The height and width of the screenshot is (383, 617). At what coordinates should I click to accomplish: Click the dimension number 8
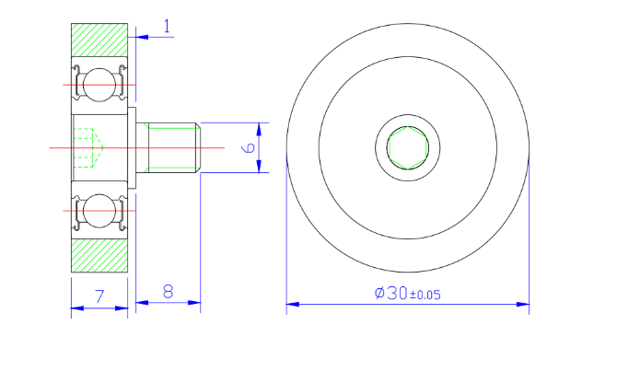(169, 291)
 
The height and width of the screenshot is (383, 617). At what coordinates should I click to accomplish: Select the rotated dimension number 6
(247, 147)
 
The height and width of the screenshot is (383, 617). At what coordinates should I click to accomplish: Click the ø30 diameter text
(390, 293)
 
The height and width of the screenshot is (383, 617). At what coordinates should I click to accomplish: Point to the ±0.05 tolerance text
(425, 295)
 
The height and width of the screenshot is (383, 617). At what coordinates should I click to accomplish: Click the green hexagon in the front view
(407, 148)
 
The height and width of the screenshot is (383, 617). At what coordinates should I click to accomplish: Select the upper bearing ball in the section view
(97, 86)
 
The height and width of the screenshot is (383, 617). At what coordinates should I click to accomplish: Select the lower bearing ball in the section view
(97, 209)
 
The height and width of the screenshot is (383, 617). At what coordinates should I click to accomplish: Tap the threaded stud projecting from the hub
(170, 147)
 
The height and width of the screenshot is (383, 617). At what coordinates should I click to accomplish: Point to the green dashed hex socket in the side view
(87, 147)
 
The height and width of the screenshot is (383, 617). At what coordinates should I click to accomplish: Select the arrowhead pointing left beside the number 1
(138, 37)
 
